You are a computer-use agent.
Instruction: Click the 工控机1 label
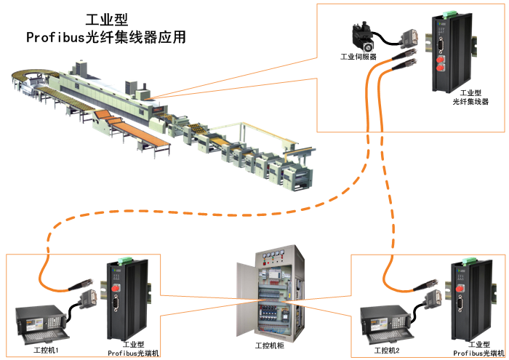click(47, 351)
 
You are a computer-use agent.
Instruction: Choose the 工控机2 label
click(386, 351)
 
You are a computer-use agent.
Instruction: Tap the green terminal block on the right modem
click(465, 261)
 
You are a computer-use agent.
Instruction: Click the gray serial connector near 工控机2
click(433, 296)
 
